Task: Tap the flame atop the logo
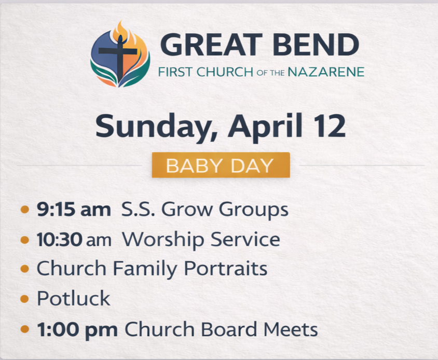[x=121, y=30]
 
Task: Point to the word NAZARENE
[x=326, y=72]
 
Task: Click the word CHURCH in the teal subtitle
[x=225, y=72]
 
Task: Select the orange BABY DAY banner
[x=221, y=165]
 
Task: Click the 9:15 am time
[x=74, y=209]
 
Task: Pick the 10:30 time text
[x=59, y=240]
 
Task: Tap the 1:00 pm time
[x=77, y=329]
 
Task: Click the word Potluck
[x=74, y=298]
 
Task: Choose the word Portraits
[x=225, y=268]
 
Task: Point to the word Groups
[x=254, y=210]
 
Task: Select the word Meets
[x=291, y=329]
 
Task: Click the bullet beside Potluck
[x=25, y=299]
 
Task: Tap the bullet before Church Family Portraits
[x=25, y=269]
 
